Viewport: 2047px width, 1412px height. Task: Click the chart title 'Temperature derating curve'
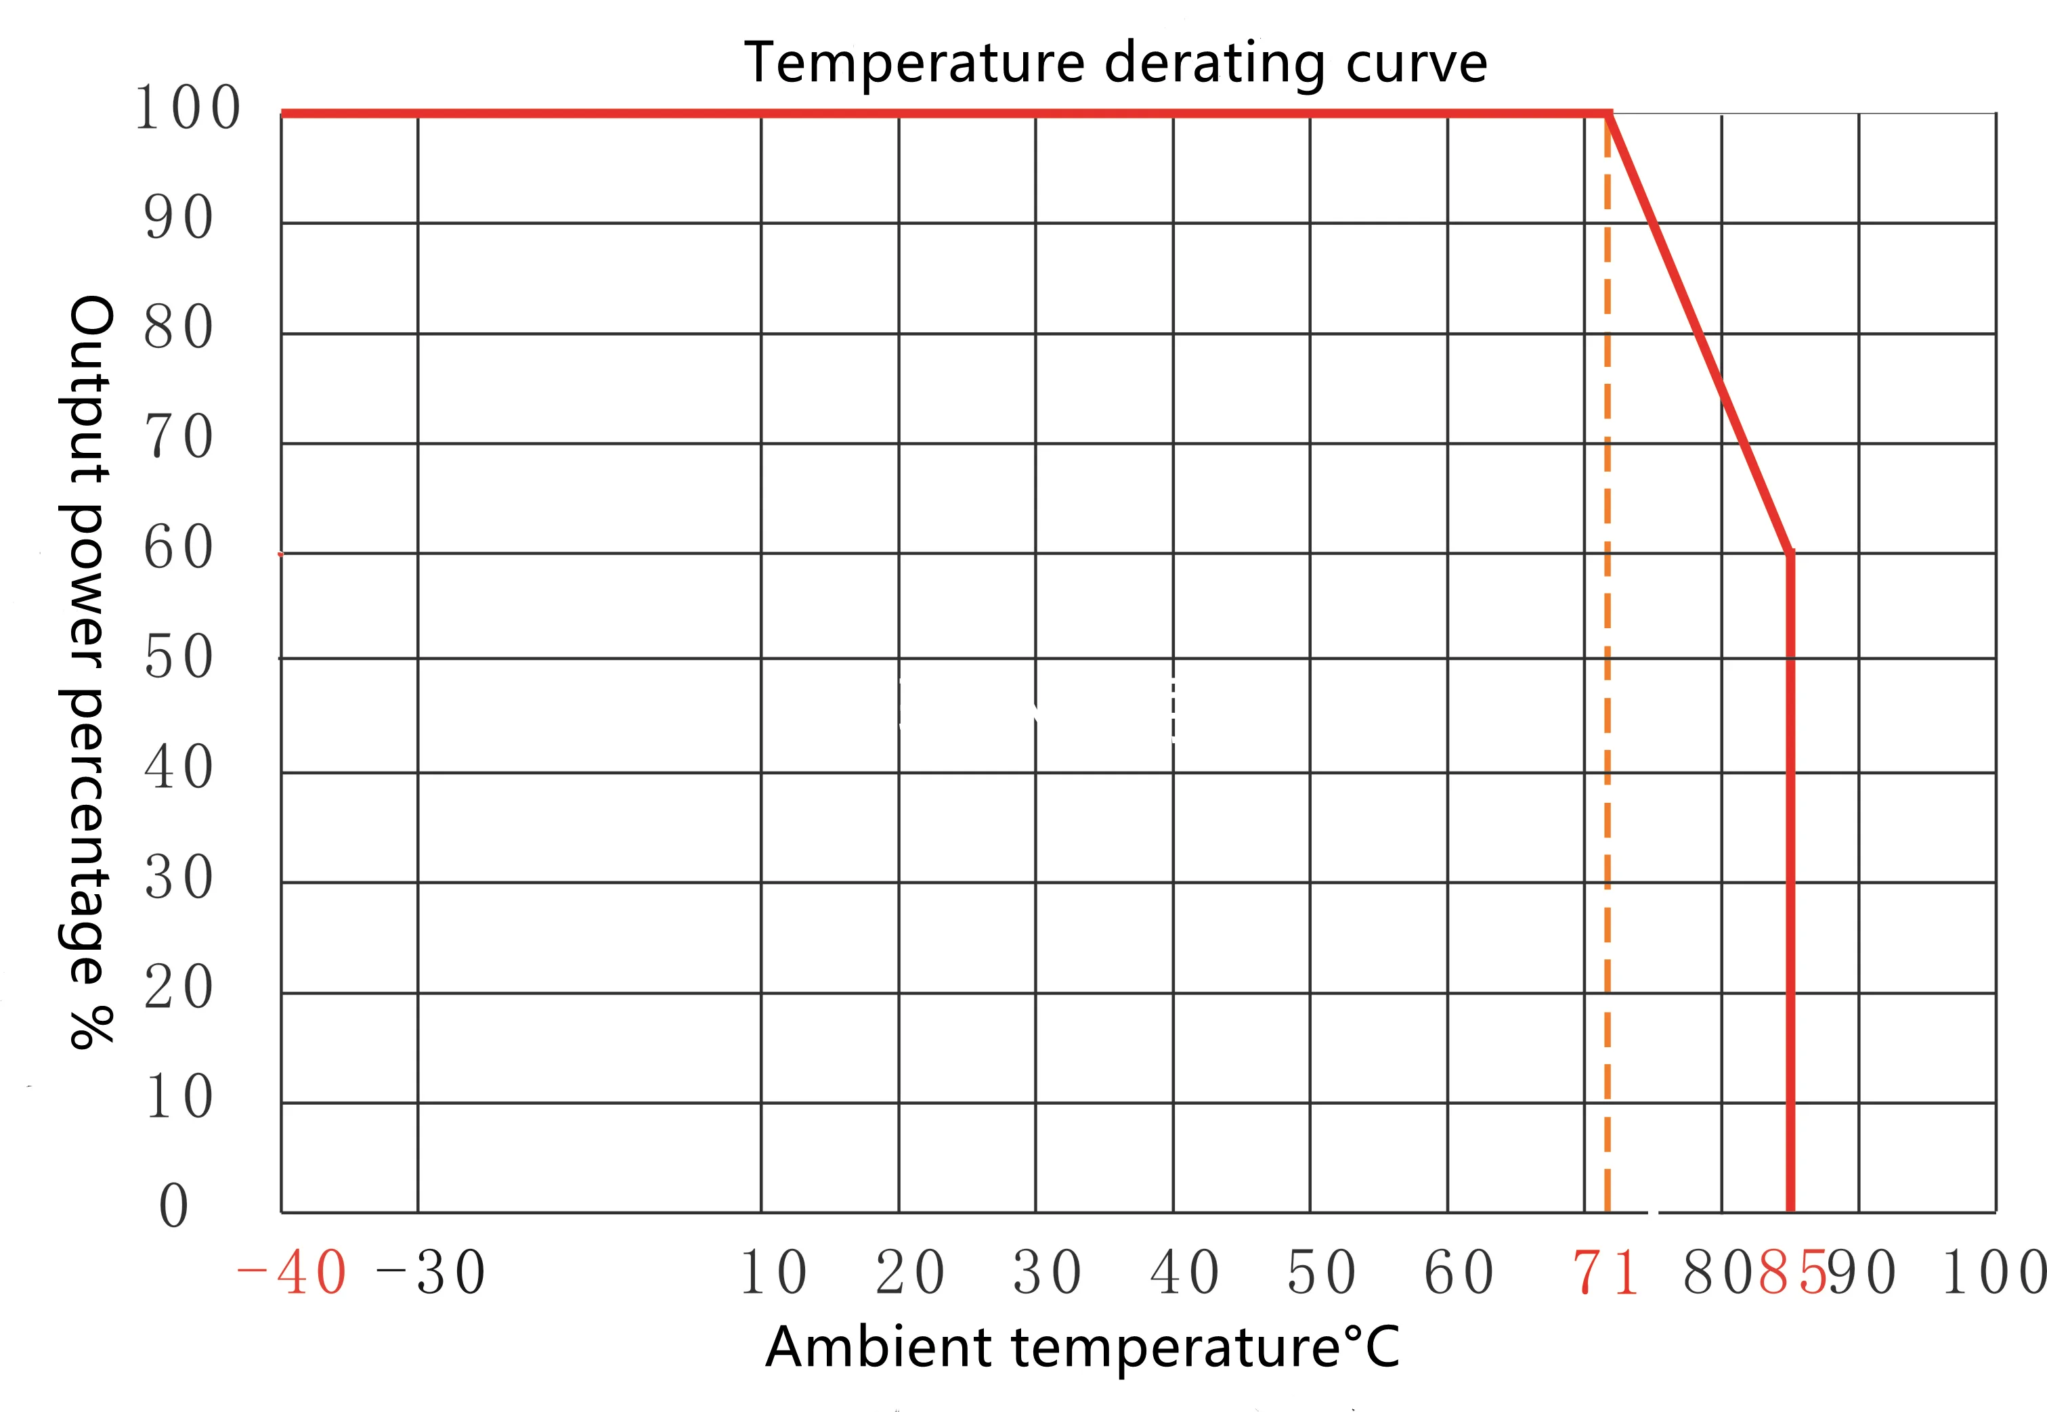[1115, 64]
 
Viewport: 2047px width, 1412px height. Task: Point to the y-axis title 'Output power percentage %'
[89, 672]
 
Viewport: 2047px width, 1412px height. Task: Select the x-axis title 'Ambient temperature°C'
[1081, 1348]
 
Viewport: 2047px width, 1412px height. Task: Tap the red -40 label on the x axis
[292, 1273]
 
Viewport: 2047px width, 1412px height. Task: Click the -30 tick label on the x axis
[431, 1273]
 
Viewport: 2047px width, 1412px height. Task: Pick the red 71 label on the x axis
[1605, 1273]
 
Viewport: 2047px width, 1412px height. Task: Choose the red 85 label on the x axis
[1793, 1273]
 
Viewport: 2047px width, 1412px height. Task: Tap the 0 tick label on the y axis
[174, 1205]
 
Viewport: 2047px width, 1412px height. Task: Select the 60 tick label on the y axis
[179, 547]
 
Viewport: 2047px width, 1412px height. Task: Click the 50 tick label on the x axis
[1321, 1273]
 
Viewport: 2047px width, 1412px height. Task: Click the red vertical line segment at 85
[1790, 885]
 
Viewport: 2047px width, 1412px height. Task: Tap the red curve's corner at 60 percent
[1790, 554]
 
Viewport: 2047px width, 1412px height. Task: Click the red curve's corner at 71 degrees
[1609, 113]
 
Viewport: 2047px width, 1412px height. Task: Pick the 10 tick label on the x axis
[773, 1273]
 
